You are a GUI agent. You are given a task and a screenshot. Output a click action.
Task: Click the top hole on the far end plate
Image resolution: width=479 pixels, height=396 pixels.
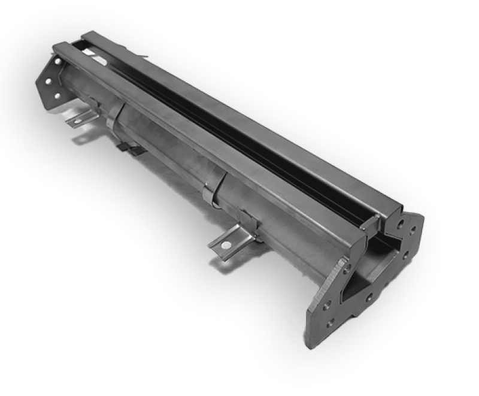(x=58, y=61)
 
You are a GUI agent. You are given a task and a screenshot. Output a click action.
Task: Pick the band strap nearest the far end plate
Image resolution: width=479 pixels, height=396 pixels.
(x=116, y=117)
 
